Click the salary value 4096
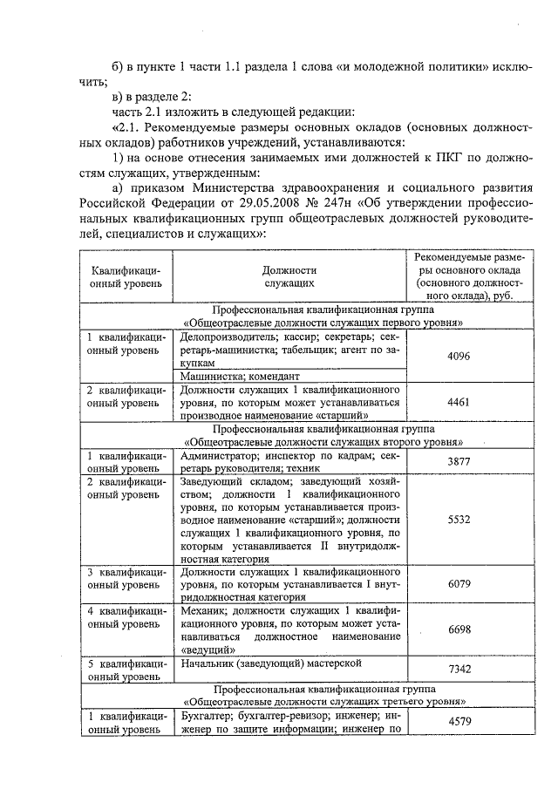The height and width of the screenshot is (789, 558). point(459,356)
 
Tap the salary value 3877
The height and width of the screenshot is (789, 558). point(459,462)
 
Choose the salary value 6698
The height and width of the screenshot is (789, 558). point(459,629)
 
